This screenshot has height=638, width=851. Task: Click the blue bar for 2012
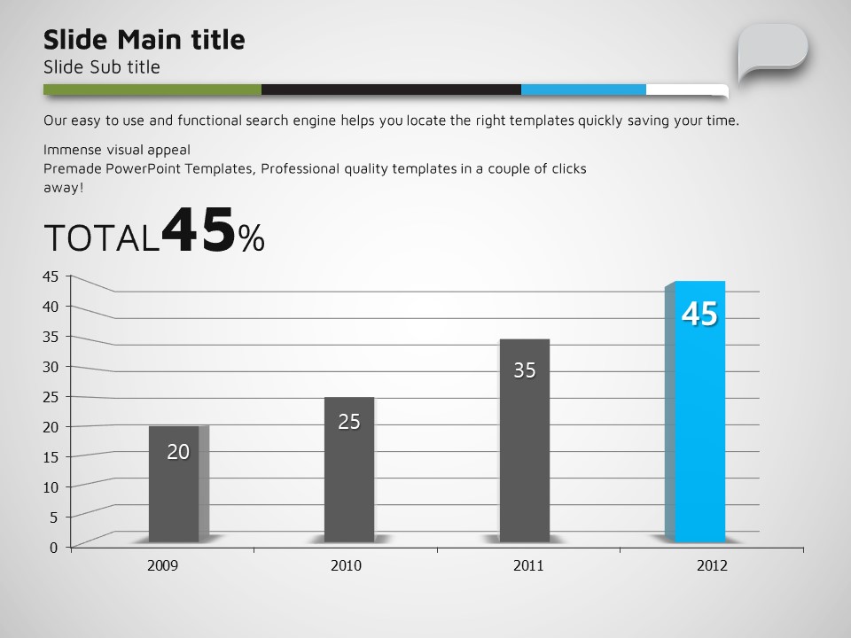(x=700, y=425)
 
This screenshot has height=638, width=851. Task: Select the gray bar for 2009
(x=174, y=496)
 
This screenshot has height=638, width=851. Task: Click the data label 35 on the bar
(x=525, y=370)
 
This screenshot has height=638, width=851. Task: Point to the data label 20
(x=178, y=452)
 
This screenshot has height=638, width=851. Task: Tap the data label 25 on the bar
(x=349, y=422)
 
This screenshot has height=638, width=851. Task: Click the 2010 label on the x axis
(x=346, y=565)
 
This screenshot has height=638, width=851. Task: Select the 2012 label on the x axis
(x=712, y=565)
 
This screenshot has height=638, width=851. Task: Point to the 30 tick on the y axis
(x=51, y=366)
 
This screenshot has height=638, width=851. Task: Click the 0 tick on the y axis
(x=53, y=547)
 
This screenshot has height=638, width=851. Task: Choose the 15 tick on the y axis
(x=51, y=456)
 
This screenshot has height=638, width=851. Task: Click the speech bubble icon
(x=772, y=51)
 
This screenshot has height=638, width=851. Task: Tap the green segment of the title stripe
(x=152, y=89)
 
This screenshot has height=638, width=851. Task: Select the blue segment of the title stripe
(x=583, y=89)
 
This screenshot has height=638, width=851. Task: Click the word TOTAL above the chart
(x=101, y=238)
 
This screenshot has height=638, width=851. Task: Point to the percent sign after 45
(x=252, y=238)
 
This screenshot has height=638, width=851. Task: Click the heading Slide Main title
(x=144, y=40)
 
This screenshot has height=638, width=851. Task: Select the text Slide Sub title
(x=102, y=67)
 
